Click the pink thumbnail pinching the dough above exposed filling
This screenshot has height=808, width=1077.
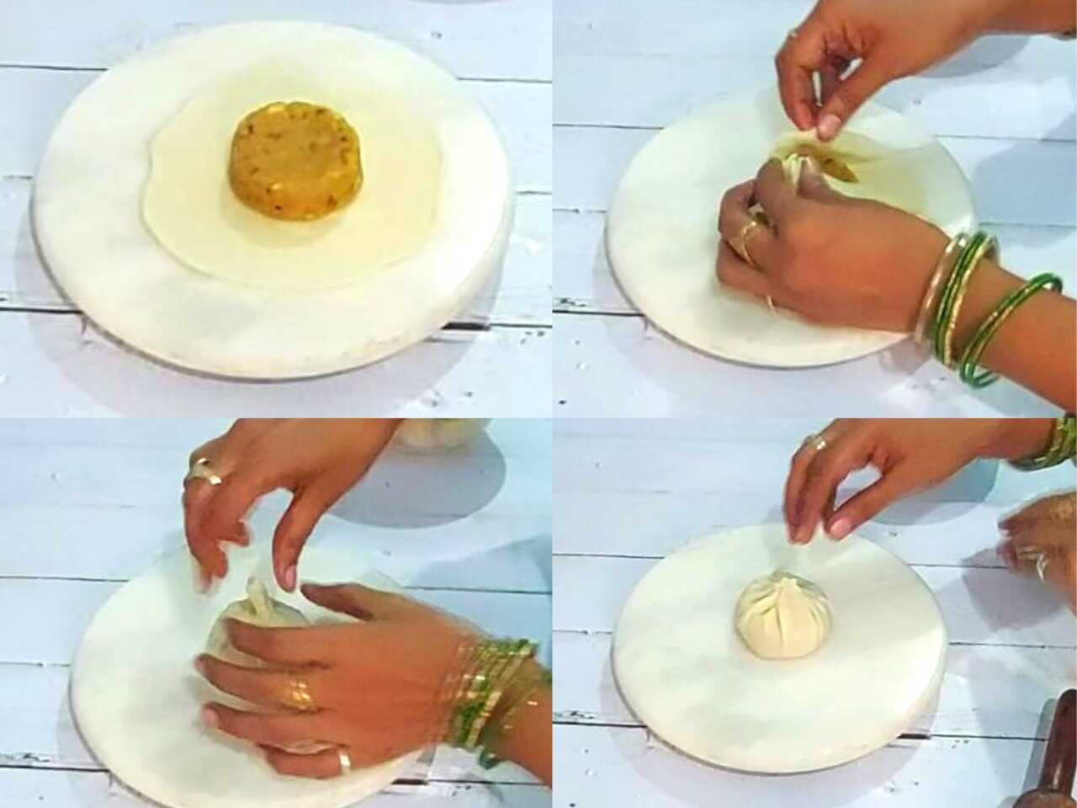(829, 125)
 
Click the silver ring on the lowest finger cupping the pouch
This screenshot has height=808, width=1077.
(344, 761)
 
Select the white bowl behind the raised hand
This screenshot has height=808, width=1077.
(442, 432)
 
